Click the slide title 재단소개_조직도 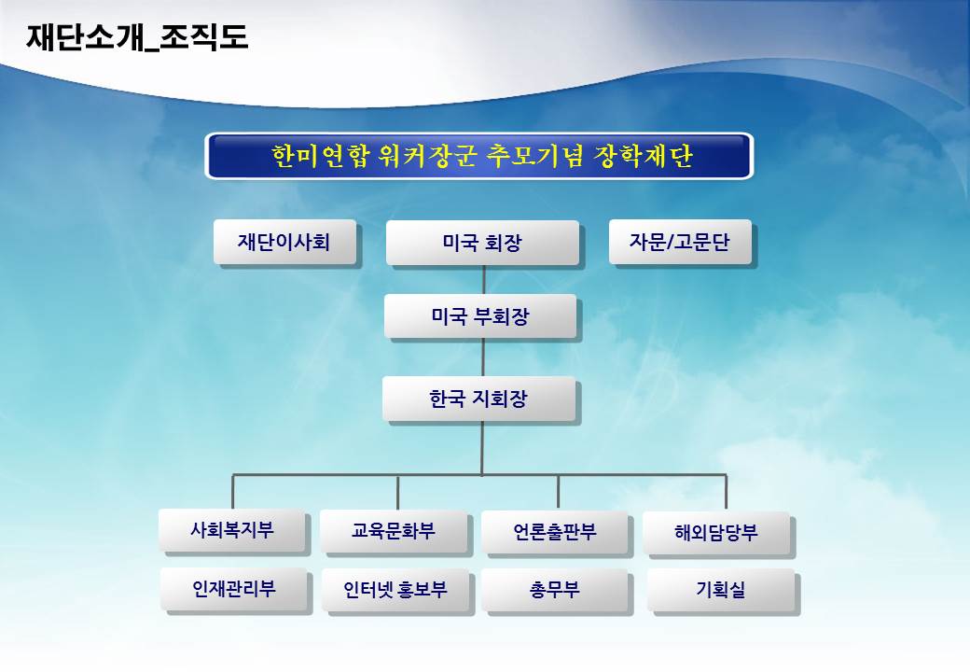(x=137, y=37)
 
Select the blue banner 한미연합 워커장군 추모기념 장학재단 (x=479, y=156)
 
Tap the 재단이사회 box (x=284, y=242)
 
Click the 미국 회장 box (x=482, y=243)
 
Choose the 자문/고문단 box (x=680, y=242)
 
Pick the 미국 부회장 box (x=480, y=316)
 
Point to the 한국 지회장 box (x=478, y=399)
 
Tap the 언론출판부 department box (x=555, y=532)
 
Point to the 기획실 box (x=721, y=590)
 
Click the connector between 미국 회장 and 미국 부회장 (x=484, y=280)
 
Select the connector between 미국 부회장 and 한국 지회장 (x=483, y=357)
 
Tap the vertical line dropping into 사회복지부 (x=232, y=492)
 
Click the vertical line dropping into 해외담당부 (x=726, y=493)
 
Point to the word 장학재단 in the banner (x=643, y=156)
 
